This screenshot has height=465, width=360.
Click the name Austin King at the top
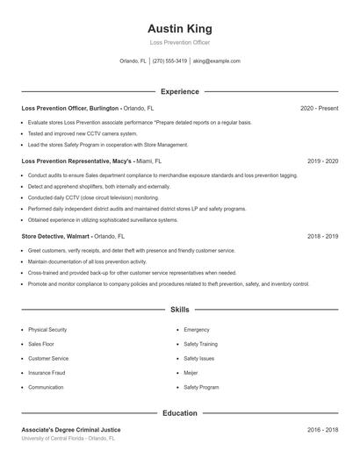click(x=179, y=28)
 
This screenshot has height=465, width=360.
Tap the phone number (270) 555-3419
click(x=169, y=61)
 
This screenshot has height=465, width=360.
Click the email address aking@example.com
click(x=216, y=61)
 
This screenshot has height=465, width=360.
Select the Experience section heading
click(x=179, y=91)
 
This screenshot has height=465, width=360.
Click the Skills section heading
click(x=179, y=310)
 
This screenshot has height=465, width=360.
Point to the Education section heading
click(x=179, y=412)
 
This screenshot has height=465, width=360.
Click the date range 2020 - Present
click(x=319, y=108)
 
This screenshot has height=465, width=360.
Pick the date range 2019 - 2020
click(x=323, y=161)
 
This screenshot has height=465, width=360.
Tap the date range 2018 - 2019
click(x=323, y=236)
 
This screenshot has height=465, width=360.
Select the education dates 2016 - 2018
click(x=323, y=430)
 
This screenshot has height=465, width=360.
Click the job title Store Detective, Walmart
click(x=55, y=236)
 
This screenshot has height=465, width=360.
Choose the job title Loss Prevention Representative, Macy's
click(x=77, y=161)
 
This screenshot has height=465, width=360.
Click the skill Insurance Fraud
click(x=47, y=372)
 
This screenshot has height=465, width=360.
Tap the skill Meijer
click(x=191, y=372)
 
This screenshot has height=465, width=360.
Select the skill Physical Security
click(x=47, y=329)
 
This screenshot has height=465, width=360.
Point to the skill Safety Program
click(x=201, y=387)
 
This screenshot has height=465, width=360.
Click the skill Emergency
click(x=197, y=329)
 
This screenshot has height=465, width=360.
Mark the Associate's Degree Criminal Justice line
click(x=70, y=430)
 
